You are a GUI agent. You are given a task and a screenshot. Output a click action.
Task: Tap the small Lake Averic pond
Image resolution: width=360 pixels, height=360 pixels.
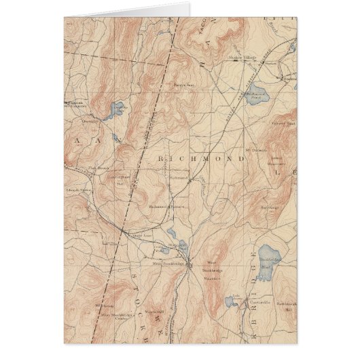point(230,301)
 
